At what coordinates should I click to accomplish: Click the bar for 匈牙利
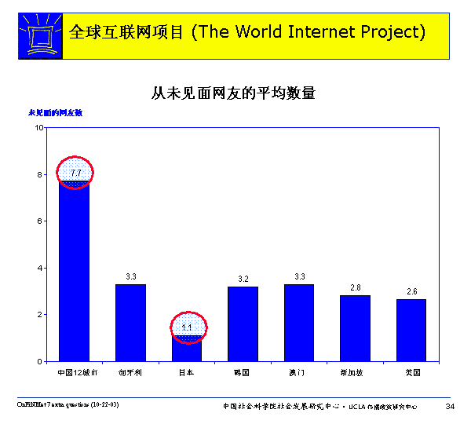point(131,323)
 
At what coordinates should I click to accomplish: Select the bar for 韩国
point(243,323)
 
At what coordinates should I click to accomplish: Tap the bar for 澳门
point(299,323)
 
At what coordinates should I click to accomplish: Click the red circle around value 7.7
point(75,173)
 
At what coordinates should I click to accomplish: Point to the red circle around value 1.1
point(188,327)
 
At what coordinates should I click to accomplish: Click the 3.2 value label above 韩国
point(243,279)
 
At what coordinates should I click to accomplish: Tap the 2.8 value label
point(356,288)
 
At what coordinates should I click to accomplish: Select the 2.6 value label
point(412,292)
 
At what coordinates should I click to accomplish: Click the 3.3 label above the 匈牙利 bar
point(131,276)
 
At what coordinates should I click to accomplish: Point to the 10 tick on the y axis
point(38,128)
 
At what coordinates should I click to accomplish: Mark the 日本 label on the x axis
point(187,371)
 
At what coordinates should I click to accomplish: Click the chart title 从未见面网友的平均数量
point(233,93)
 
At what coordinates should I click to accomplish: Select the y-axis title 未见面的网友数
point(56,113)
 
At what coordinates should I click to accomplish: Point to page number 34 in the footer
point(450,406)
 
